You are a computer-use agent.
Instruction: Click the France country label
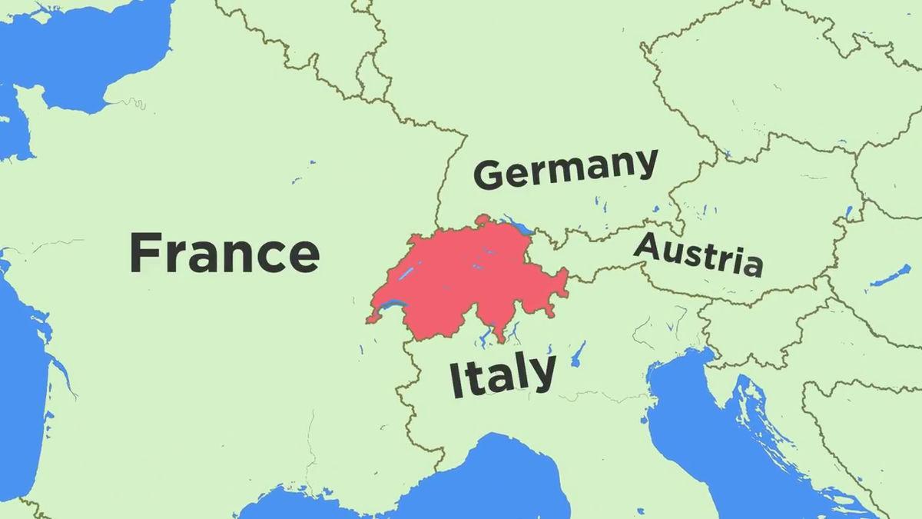[x=224, y=254]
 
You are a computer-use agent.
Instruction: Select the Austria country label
[x=698, y=255]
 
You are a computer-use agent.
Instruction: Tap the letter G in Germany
[x=490, y=175]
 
